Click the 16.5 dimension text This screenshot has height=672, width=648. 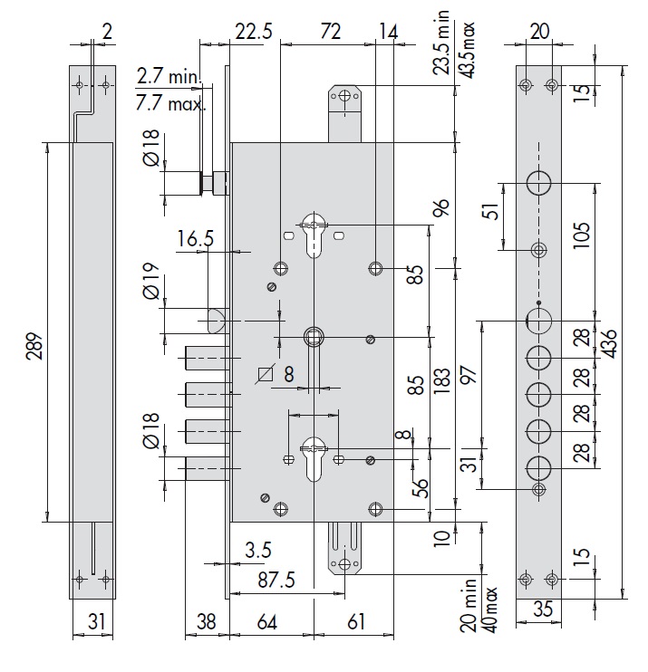coord(196,240)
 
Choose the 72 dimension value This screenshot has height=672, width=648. coord(330,32)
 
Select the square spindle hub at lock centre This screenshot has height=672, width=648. coord(314,336)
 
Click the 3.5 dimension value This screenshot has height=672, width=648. coord(256,550)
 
